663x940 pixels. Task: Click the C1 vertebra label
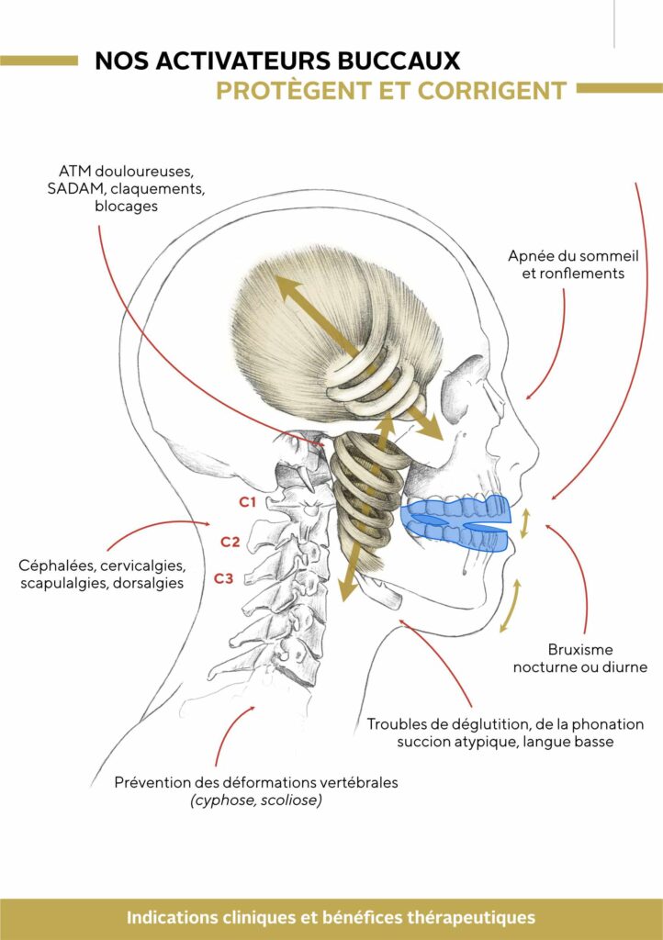246,502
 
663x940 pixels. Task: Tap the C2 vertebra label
230,542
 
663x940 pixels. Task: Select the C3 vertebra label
224,578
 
